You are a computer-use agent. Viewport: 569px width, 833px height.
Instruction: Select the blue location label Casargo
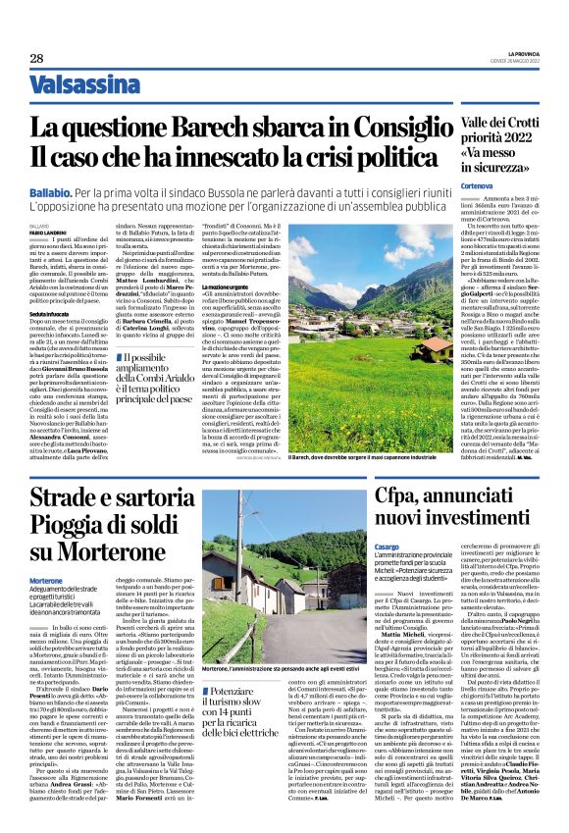coord(388,570)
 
